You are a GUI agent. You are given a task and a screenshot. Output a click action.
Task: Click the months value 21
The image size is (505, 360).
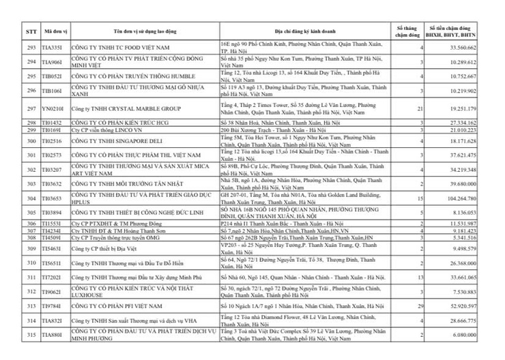point(422,108)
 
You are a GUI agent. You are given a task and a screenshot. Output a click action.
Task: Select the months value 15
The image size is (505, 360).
point(422,198)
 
